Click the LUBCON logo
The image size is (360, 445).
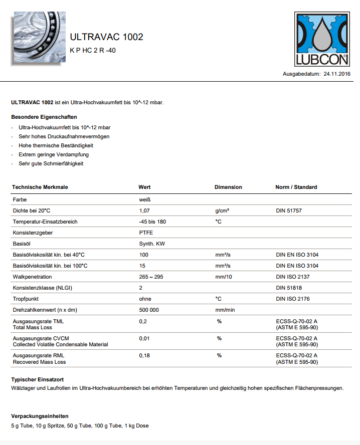(323, 40)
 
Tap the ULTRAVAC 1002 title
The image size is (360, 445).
(106, 37)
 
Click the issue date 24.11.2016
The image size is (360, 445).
(337, 74)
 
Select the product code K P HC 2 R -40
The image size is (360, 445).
(93, 50)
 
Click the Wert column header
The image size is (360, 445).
(144, 187)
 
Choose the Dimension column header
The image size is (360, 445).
(228, 187)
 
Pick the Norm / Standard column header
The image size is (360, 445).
(296, 187)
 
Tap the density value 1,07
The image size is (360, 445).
(144, 210)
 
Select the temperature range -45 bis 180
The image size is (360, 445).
(152, 221)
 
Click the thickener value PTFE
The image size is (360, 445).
(146, 233)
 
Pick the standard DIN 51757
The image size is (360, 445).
(288, 210)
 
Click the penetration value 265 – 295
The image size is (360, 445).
(151, 277)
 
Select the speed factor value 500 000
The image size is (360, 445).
(149, 310)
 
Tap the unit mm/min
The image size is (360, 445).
(225, 310)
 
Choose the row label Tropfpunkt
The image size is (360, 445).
(26, 299)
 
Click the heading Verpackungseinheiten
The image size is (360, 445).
(40, 416)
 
